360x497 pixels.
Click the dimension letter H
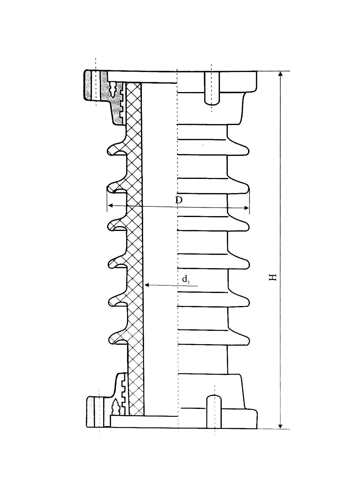pyautogui.click(x=273, y=277)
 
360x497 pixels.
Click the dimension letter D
pyautogui.click(x=179, y=200)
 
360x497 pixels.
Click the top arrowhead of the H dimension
pyautogui.click(x=280, y=74)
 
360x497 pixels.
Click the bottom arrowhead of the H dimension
pyautogui.click(x=280, y=426)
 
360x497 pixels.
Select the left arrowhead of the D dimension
pyautogui.click(x=110, y=205)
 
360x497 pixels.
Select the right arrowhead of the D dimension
pyautogui.click(x=246, y=208)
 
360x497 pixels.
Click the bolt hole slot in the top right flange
pyautogui.click(x=212, y=88)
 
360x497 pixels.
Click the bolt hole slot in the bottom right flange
pyautogui.click(x=214, y=412)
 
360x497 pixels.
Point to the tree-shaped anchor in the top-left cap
pyautogui.click(x=113, y=91)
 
